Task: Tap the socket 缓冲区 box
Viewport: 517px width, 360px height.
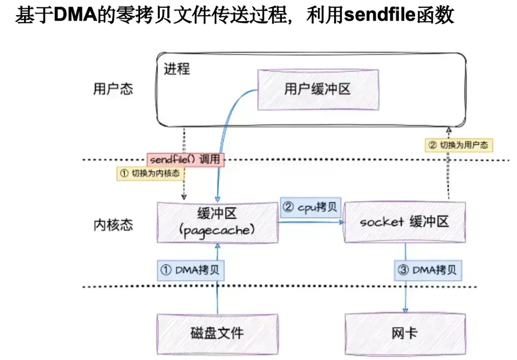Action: click(x=404, y=222)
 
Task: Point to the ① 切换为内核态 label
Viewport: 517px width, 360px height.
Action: click(x=150, y=174)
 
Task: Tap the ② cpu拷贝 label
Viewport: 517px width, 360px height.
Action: click(x=310, y=208)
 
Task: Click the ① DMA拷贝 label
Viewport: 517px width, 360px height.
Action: click(x=191, y=269)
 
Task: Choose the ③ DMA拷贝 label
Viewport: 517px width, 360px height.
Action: click(x=428, y=269)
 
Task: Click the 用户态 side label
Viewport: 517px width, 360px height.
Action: click(x=113, y=89)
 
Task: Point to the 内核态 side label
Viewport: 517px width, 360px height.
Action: click(x=113, y=224)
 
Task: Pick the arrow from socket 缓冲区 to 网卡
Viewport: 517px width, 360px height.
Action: click(x=405, y=290)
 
